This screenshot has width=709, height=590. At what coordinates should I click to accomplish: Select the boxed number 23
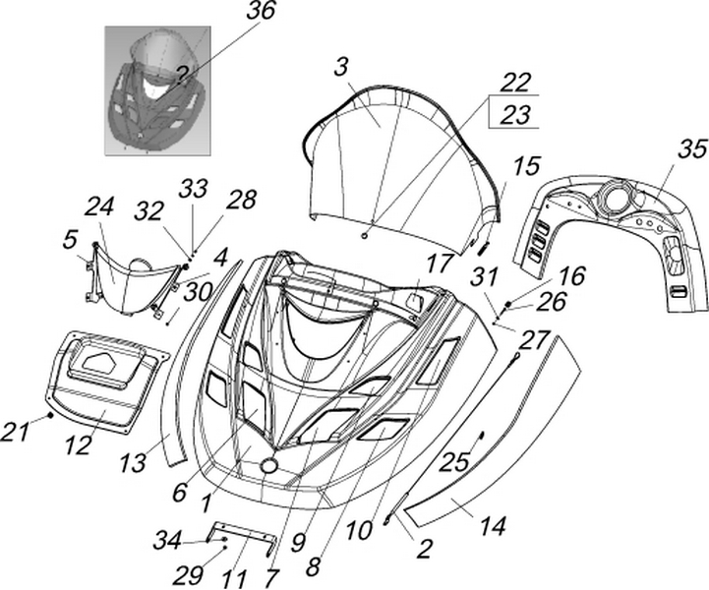pos(513,114)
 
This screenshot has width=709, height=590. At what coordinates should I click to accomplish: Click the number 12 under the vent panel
pos(79,443)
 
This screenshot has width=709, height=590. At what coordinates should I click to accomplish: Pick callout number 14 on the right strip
pos(493,527)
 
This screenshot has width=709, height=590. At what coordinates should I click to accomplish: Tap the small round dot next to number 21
pos(49,417)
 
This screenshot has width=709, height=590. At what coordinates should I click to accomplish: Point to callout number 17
pos(437,263)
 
